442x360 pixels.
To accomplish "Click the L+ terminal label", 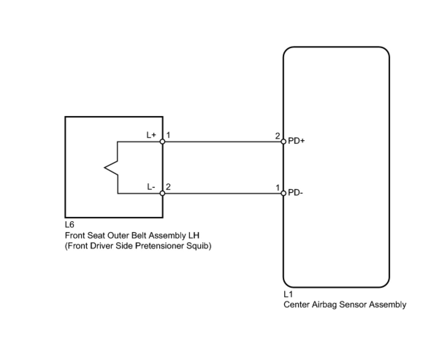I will tap(151, 135).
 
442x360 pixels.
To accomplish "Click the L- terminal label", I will tap(151, 187).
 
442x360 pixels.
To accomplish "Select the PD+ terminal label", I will tap(296, 141).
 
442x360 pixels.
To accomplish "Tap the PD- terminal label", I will tap(296, 192).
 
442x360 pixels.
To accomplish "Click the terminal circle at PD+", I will tap(283, 141).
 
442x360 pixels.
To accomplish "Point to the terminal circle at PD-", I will tap(283, 193).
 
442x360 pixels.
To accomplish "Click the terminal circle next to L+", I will tap(163, 141).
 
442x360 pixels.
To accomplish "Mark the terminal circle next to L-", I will tap(163, 193).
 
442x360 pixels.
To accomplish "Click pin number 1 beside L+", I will tap(168, 135).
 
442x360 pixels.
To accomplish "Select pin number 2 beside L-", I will tap(168, 187).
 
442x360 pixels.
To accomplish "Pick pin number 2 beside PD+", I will tap(278, 136).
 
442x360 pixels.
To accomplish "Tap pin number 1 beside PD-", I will tap(278, 188).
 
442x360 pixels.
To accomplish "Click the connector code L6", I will tap(69, 225).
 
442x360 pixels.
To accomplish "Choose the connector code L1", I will tap(288, 294).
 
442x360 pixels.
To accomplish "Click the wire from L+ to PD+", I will tap(223, 141).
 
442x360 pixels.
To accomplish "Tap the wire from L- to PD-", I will tap(223, 193).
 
